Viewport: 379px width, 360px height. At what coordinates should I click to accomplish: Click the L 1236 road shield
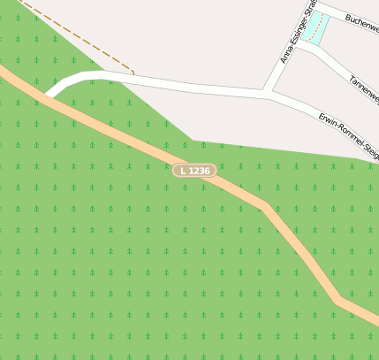(194, 170)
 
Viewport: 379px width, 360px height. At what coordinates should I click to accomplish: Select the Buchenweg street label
(361, 22)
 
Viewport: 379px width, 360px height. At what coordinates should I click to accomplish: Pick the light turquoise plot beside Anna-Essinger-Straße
(316, 27)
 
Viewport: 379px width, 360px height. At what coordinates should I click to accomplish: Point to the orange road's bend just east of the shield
(264, 205)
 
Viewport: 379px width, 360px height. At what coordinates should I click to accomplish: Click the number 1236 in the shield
(199, 170)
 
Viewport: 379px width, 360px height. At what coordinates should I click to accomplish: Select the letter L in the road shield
(183, 170)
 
